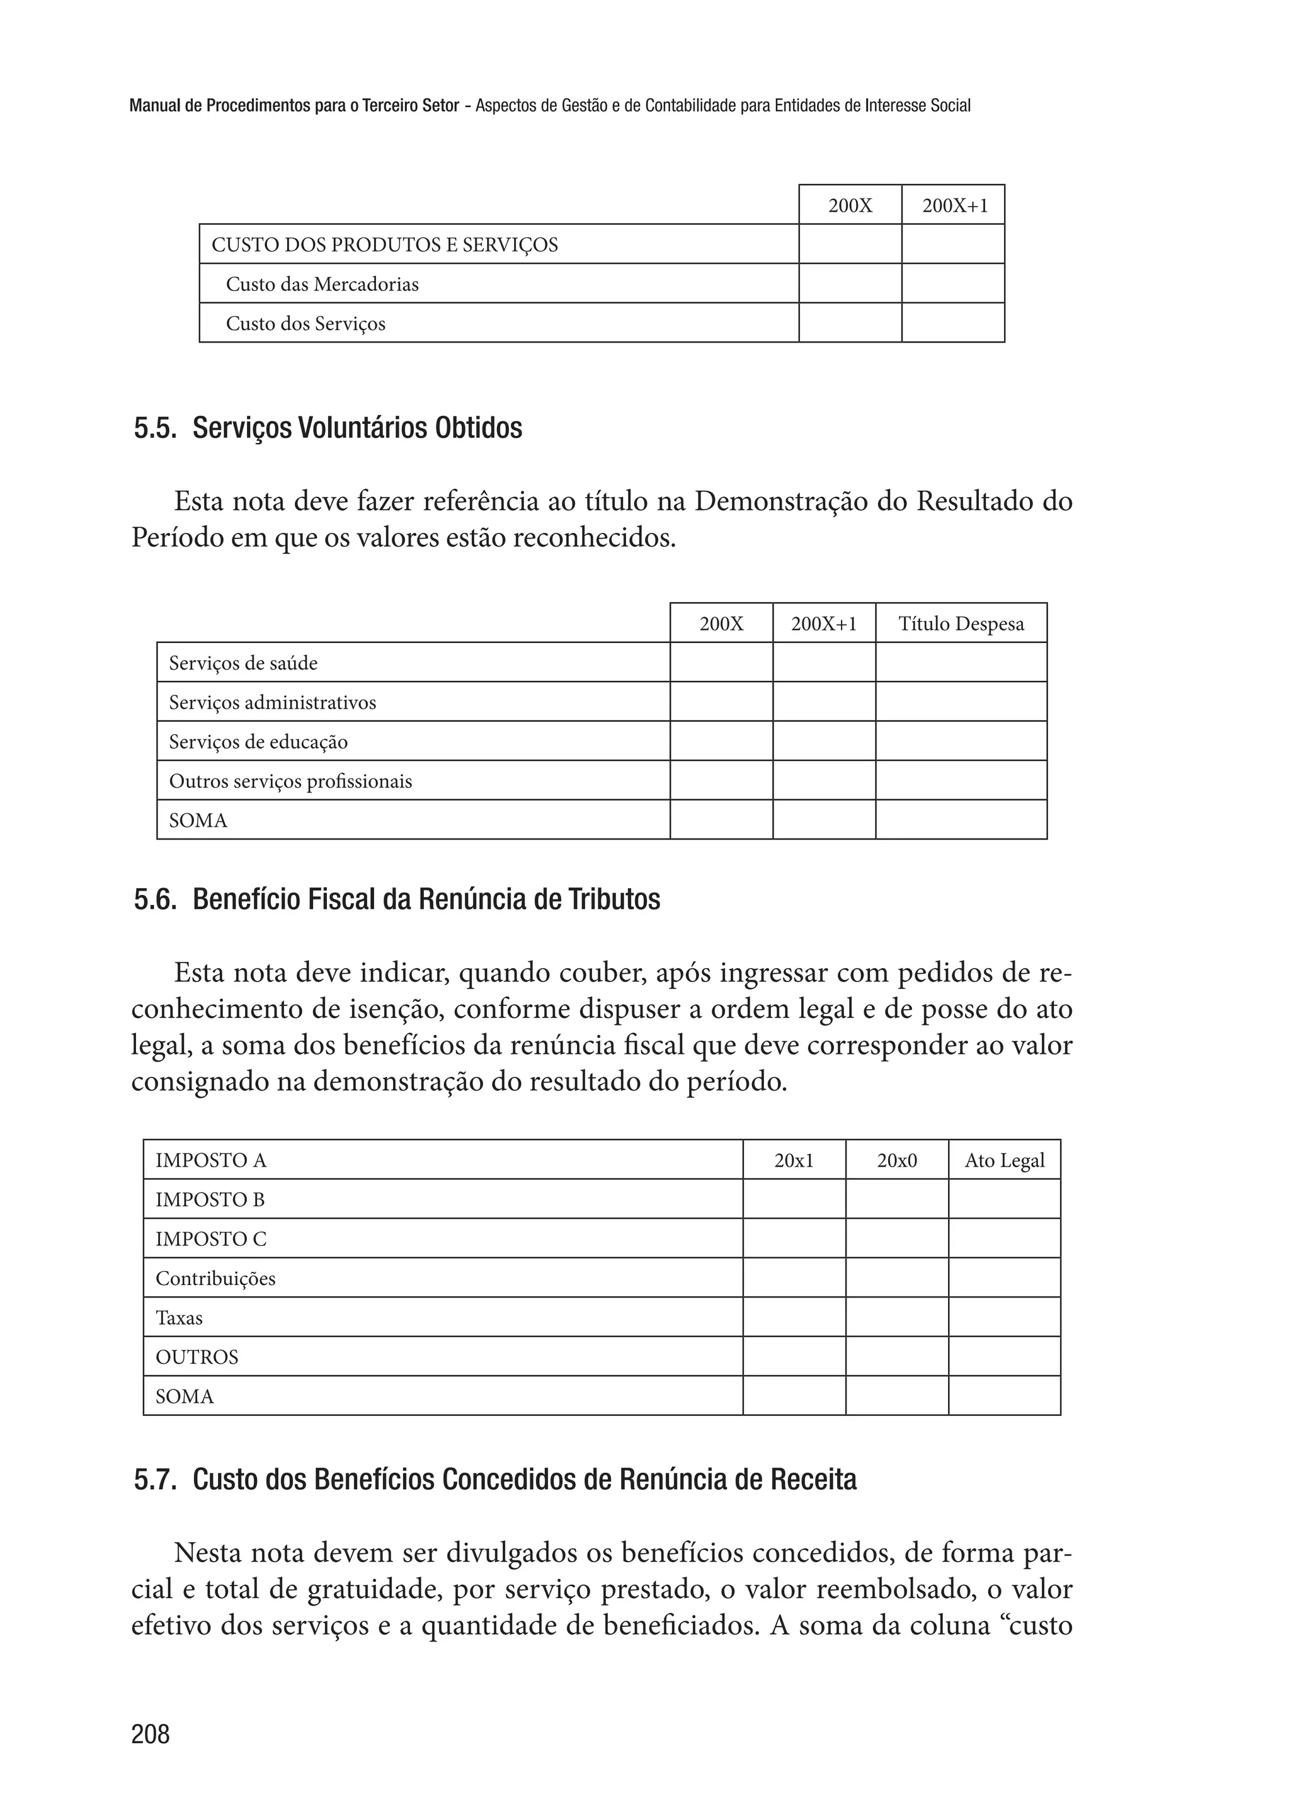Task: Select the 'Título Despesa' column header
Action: pos(961,624)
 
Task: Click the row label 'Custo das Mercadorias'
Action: pos(322,284)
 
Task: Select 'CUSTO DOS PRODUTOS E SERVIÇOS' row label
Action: pos(384,244)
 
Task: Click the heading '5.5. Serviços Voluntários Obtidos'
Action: pos(328,428)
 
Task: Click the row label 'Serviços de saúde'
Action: pos(243,663)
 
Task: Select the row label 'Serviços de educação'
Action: pos(258,742)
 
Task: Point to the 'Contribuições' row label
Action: pos(215,1278)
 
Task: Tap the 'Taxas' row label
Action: pos(179,1318)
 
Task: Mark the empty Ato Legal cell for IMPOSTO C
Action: pos(1004,1238)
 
